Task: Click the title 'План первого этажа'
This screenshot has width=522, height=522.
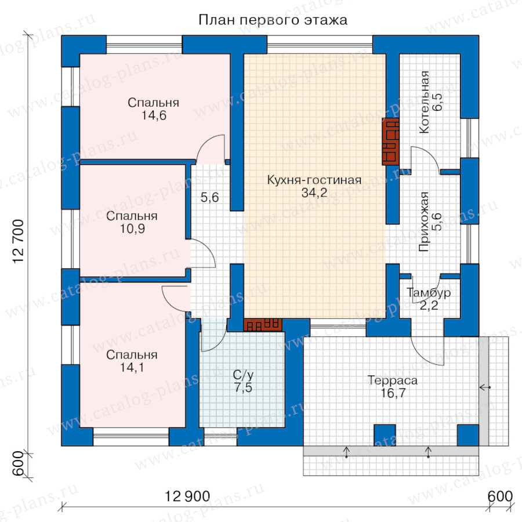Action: [x=273, y=20]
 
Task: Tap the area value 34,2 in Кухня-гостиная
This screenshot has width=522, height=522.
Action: [x=314, y=193]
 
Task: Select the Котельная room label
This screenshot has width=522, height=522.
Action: [x=425, y=102]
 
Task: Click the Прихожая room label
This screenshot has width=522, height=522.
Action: [x=424, y=222]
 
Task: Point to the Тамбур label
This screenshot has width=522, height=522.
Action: [x=429, y=293]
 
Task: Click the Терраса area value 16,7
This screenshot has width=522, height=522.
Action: [x=393, y=393]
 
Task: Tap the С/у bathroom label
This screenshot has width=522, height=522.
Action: [x=243, y=375]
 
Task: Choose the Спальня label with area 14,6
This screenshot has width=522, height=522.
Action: [x=154, y=103]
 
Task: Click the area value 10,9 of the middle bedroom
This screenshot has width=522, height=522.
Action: [x=132, y=229]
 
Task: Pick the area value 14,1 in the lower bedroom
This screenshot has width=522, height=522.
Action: [x=132, y=368]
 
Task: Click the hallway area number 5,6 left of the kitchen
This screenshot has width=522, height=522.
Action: [x=210, y=197]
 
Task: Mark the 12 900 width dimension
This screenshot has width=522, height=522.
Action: [x=187, y=496]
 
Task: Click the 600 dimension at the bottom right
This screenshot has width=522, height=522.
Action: [x=500, y=496]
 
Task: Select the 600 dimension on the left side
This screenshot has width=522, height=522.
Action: [x=19, y=463]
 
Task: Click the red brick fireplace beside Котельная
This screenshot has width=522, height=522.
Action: [x=390, y=142]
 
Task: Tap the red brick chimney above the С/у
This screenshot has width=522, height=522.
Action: [x=263, y=325]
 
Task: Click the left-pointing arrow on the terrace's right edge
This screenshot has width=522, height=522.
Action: [x=485, y=387]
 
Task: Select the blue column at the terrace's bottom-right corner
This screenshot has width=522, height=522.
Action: [x=467, y=435]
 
